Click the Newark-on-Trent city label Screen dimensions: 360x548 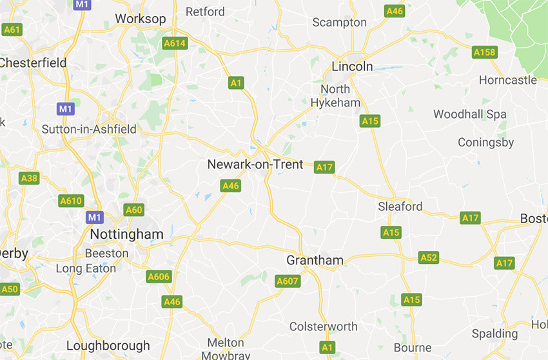[x=255, y=165]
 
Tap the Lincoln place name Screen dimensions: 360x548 [x=352, y=66]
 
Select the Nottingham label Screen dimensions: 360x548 [x=127, y=234]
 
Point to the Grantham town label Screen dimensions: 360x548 [x=315, y=261]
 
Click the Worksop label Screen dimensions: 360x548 [x=140, y=19]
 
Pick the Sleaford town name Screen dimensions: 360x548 [x=400, y=206]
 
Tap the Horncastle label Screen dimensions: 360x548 [x=507, y=80]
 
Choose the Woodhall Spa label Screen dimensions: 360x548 [x=469, y=114]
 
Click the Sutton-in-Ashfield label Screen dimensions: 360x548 [x=89, y=129]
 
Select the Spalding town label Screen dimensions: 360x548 [x=494, y=334]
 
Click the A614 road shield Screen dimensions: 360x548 [x=174, y=44]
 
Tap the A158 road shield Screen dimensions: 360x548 [x=485, y=52]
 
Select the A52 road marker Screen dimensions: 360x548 [x=429, y=258]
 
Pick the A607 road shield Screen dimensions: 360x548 [x=287, y=281]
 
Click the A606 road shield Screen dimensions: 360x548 [x=159, y=277]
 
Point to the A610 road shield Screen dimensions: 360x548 [x=71, y=201]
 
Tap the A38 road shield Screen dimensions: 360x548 [x=30, y=178]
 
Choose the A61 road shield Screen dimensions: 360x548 [x=12, y=30]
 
